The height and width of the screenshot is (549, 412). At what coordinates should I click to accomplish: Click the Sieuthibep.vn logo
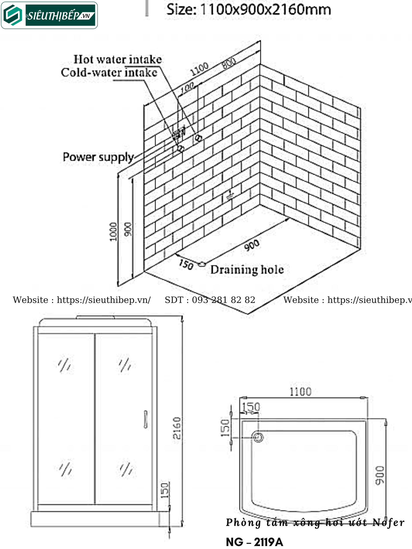[49, 15]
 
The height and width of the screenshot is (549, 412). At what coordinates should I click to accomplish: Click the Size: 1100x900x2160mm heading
[249, 10]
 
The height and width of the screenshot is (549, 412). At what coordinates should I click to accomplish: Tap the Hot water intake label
[118, 60]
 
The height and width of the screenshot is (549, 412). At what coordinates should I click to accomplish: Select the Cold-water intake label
[109, 73]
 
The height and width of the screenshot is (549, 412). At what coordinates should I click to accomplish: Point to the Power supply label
[98, 157]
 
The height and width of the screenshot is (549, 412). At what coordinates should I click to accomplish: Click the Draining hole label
[247, 270]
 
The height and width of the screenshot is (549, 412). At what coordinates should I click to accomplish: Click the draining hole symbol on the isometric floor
[202, 264]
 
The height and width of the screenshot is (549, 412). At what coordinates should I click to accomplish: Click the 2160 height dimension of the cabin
[177, 428]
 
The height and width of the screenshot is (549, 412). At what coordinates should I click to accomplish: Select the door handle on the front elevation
[146, 419]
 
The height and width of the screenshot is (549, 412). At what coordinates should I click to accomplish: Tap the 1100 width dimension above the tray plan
[300, 392]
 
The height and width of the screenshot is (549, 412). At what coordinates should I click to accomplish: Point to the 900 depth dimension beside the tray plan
[380, 475]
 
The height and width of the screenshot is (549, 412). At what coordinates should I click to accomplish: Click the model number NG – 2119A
[255, 542]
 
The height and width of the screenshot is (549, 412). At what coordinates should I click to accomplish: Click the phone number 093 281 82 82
[223, 300]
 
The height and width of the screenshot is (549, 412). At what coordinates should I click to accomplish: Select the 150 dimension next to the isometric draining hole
[186, 265]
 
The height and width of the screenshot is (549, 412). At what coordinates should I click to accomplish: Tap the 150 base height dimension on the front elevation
[165, 490]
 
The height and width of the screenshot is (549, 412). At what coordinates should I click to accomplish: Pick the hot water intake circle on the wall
[198, 138]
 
